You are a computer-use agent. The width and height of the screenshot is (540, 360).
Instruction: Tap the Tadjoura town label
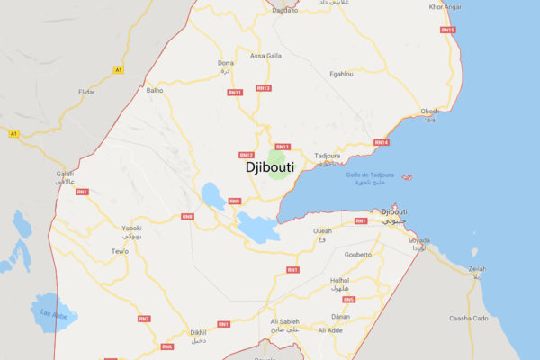[327, 156]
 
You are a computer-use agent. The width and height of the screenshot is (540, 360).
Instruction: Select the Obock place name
[430, 112]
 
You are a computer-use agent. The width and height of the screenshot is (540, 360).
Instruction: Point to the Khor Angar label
[445, 7]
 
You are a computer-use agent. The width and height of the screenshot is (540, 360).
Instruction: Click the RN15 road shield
[447, 31]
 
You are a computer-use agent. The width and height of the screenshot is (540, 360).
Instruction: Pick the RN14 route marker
[381, 142]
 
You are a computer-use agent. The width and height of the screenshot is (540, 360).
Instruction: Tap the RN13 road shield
[263, 88]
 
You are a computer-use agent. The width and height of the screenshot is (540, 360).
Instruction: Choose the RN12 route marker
[247, 154]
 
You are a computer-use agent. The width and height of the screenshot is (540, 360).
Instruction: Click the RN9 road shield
[234, 201]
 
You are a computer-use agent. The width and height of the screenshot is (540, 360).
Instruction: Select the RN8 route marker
[187, 216]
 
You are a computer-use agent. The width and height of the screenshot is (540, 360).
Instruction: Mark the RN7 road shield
[144, 319]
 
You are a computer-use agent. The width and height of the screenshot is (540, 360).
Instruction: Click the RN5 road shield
[349, 299]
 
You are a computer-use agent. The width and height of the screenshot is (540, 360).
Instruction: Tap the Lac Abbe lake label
[53, 314]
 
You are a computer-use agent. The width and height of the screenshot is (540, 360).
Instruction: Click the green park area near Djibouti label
[280, 171]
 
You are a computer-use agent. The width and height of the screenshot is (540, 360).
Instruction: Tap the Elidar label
[86, 93]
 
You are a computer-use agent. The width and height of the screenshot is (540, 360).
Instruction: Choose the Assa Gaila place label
[265, 56]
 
